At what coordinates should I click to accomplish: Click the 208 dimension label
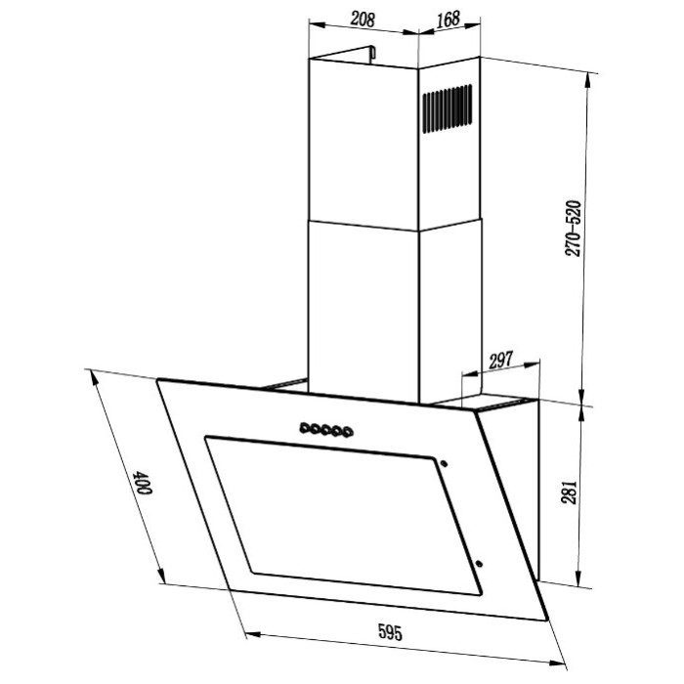363,19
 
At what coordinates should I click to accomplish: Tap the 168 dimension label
448,19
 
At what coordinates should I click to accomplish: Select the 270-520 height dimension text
573,228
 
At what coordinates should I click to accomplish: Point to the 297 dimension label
500,361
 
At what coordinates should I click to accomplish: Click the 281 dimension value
569,492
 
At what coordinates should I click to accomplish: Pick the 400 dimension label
143,483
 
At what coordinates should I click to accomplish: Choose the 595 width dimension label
390,632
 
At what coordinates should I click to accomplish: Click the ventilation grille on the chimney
448,108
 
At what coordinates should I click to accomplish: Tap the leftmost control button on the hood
305,428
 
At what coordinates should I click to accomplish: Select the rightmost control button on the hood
348,433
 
